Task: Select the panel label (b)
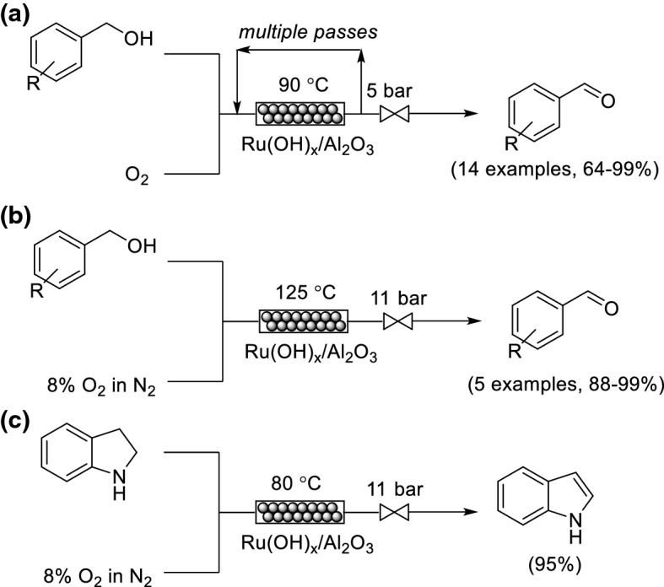pos(18,212)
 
